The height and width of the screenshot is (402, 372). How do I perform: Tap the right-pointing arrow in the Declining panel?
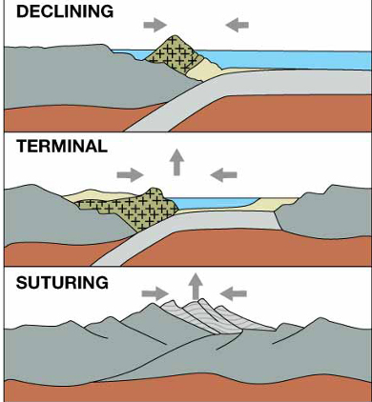[152, 21]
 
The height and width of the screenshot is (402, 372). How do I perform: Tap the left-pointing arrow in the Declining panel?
[238, 21]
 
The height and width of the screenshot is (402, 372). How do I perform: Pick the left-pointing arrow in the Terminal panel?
[224, 174]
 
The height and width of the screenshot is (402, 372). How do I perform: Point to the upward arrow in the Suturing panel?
[196, 284]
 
